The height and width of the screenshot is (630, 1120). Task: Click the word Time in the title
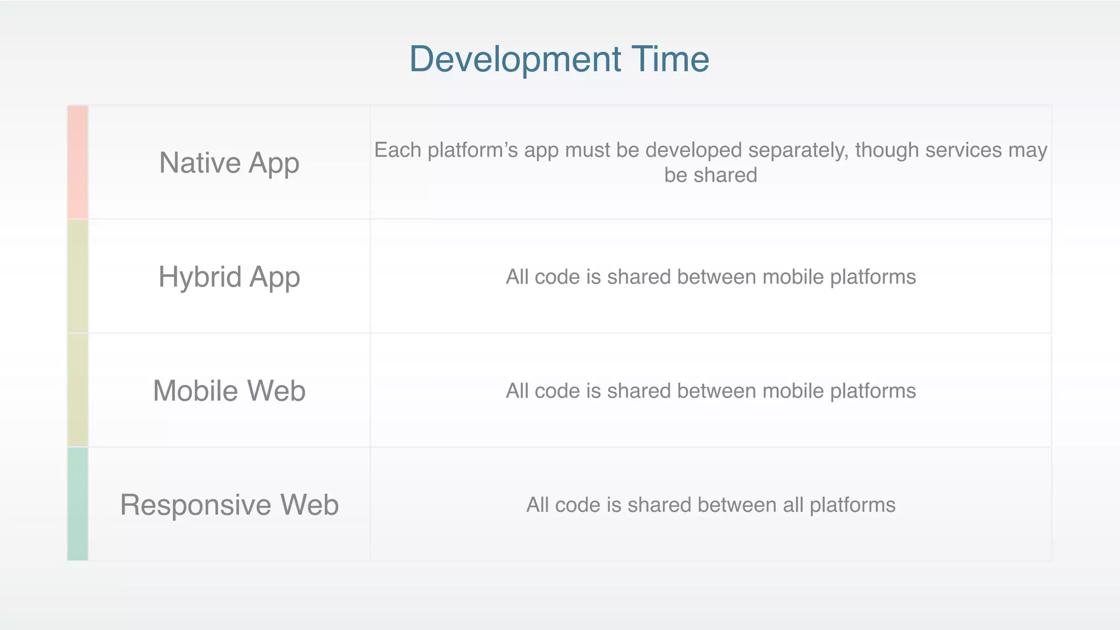(x=670, y=59)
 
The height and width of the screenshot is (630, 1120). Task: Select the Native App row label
(x=229, y=163)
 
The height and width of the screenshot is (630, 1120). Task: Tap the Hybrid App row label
(x=229, y=277)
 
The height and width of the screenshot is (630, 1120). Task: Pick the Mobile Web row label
(x=229, y=391)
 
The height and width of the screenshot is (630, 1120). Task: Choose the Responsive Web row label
(x=229, y=505)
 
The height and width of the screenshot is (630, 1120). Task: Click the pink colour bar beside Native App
(x=78, y=162)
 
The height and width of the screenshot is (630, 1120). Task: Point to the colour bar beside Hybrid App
(x=78, y=276)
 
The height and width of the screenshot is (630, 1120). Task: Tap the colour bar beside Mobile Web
(x=78, y=390)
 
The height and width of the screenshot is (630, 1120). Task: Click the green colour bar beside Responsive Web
(x=78, y=504)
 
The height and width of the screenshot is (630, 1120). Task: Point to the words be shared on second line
(x=710, y=176)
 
